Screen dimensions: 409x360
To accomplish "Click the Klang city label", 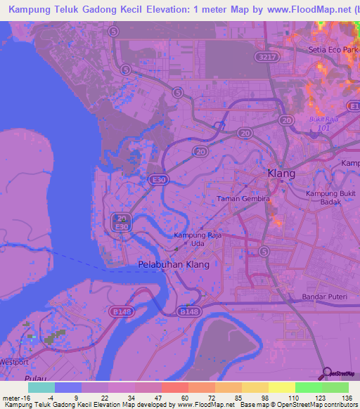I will tap(281, 173).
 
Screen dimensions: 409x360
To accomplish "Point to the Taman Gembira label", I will tap(243, 199).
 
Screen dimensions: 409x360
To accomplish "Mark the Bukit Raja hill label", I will tap(323, 119).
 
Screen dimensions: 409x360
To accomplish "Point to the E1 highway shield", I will tap(354, 105).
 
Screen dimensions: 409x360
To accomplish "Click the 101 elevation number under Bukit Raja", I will tap(323, 128).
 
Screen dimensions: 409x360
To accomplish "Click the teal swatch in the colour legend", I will tap(41, 387).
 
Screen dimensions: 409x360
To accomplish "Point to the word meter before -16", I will tap(11, 398).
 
